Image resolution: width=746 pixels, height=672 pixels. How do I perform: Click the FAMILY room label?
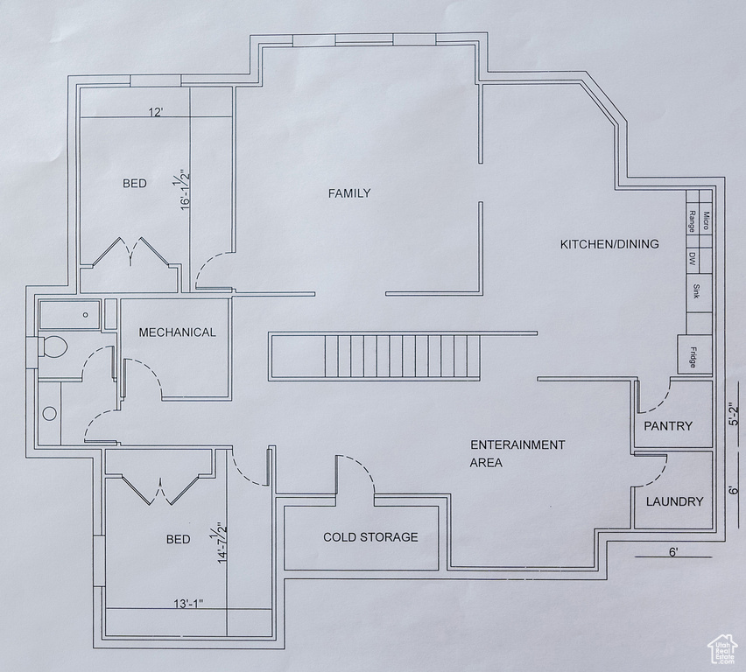point(349,193)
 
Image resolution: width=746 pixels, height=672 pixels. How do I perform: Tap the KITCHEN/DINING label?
point(609,244)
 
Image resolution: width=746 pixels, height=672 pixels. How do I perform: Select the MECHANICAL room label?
point(177,332)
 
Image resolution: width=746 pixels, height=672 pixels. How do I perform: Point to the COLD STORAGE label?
point(370,537)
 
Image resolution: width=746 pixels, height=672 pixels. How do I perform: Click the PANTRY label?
point(668,425)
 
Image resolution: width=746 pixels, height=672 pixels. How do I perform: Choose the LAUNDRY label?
point(674,501)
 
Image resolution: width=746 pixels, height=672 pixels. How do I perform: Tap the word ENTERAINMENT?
point(517,444)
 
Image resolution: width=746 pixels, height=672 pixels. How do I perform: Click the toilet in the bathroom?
point(53,346)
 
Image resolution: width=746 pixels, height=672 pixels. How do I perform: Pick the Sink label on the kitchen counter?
point(696,291)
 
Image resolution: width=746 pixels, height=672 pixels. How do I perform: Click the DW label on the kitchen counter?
point(693,259)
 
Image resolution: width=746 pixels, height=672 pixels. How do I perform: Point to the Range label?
point(692,221)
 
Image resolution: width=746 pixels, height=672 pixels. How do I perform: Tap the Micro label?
point(706,220)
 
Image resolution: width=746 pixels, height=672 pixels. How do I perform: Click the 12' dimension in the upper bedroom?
point(156,112)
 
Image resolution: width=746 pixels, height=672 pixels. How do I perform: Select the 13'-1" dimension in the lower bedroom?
point(188,604)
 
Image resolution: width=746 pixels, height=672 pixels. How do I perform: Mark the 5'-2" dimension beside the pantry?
point(735,414)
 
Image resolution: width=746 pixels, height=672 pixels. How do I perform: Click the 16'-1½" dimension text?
point(183,189)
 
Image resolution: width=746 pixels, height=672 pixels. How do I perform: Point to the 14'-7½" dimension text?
point(220,543)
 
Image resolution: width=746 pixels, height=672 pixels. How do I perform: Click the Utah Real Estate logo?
point(722,649)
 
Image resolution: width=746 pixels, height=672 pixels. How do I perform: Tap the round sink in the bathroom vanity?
point(50,413)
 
